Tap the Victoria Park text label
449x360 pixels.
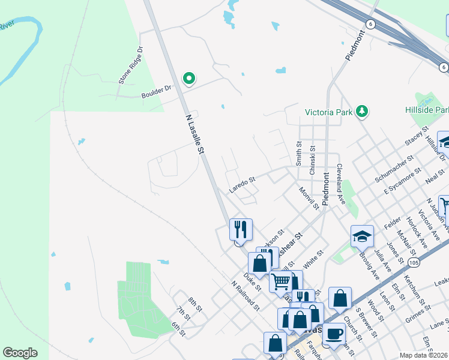point(328,112)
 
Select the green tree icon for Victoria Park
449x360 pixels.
point(361,111)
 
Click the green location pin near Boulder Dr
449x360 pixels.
point(189,79)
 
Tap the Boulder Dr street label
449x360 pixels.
point(156,88)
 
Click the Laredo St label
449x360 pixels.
point(242,184)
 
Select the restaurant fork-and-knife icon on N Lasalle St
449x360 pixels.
point(241,229)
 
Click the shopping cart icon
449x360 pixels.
point(280,281)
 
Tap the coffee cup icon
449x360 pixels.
point(334,334)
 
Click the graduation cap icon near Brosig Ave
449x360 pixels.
point(363,236)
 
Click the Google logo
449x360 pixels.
point(20,353)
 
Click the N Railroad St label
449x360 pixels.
point(246,296)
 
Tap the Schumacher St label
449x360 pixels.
point(394,169)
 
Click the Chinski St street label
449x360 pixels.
point(312,160)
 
